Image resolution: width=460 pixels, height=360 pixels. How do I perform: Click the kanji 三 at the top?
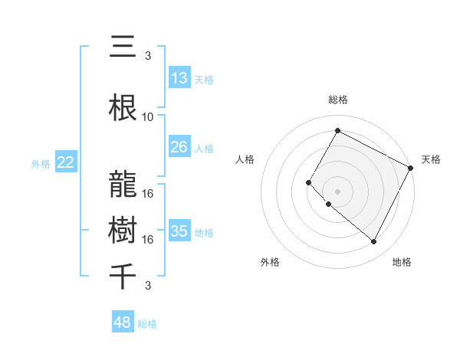click(x=122, y=47)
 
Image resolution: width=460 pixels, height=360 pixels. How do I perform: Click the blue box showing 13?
click(x=179, y=78)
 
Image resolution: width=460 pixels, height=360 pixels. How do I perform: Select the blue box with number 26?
click(x=179, y=147)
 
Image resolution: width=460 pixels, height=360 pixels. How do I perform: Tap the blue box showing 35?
click(x=179, y=231)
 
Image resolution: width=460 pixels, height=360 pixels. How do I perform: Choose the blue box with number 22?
click(x=65, y=162)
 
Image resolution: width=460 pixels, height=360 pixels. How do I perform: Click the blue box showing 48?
click(x=123, y=322)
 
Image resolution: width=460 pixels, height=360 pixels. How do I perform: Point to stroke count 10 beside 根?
click(x=148, y=117)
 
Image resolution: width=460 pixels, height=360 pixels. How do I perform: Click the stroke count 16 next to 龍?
click(x=148, y=193)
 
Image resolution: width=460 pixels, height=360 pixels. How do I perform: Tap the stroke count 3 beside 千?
click(x=148, y=286)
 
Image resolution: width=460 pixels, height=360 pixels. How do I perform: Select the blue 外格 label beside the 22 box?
click(x=41, y=163)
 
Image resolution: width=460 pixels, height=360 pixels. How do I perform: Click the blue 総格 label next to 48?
click(x=147, y=324)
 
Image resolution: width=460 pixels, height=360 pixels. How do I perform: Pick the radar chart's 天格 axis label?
click(x=431, y=159)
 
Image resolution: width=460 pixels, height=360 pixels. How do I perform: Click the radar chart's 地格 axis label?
click(x=402, y=262)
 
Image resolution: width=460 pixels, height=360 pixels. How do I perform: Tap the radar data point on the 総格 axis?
click(x=337, y=131)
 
